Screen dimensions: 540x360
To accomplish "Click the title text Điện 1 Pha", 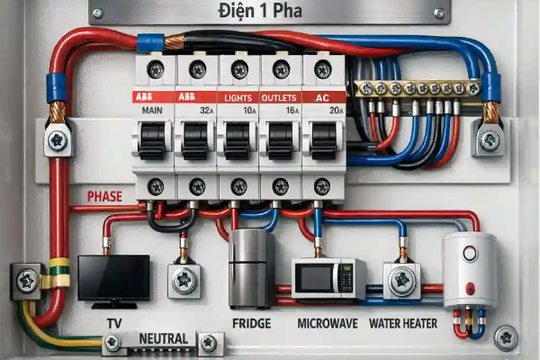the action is click(x=260, y=10).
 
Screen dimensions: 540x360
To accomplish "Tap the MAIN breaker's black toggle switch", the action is click(x=152, y=140).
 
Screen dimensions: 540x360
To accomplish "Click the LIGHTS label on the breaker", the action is click(x=238, y=98).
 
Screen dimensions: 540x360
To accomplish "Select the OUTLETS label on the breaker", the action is click(x=279, y=98).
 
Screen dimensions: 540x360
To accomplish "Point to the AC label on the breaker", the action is click(x=323, y=98).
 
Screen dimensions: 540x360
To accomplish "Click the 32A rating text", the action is click(x=207, y=111).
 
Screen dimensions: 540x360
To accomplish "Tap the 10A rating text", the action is click(x=249, y=111).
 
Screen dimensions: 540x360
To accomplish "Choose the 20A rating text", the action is click(x=336, y=111).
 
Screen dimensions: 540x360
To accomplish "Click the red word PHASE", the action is click(x=104, y=196).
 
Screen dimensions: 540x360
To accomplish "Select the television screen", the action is click(x=113, y=278).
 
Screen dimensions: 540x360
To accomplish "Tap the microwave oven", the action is click(x=328, y=279).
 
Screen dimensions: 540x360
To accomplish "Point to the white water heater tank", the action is click(x=470, y=271).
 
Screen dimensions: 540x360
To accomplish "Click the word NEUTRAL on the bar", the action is click(x=164, y=338).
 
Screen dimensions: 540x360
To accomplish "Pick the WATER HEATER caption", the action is click(x=403, y=323).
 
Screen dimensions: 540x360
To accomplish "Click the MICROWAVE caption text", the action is click(x=328, y=323).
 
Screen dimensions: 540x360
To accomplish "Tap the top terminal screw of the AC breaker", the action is click(x=323, y=69).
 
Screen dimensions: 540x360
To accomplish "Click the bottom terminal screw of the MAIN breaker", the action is click(x=156, y=186).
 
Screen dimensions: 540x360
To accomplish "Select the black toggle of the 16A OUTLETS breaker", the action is click(x=281, y=140).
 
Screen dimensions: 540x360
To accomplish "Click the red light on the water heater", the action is click(x=470, y=288).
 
